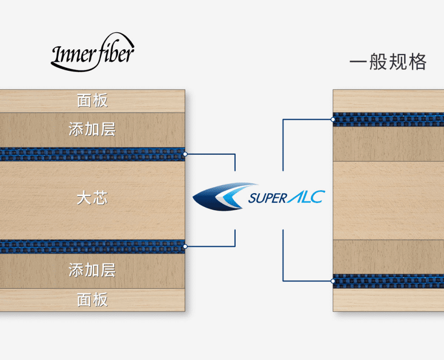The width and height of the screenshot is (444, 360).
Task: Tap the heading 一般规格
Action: coord(388,62)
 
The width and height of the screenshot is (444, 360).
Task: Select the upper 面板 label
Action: coord(92,101)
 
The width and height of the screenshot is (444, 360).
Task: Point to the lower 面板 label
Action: coord(92,300)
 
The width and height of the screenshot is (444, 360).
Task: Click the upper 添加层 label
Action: coord(92,129)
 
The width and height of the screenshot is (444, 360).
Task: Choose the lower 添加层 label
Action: coord(92,270)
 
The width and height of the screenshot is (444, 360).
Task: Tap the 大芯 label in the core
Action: coord(92,199)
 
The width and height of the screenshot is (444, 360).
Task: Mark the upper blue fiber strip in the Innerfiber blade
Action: coord(92,154)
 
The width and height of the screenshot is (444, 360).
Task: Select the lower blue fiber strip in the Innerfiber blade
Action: coord(92,246)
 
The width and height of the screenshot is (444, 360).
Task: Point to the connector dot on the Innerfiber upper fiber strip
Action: coord(185,154)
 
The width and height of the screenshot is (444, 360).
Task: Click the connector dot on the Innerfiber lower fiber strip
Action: coord(185,246)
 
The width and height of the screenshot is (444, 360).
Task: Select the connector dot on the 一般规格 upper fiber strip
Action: coord(333,120)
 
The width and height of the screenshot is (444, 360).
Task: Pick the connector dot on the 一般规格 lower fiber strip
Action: coord(333,281)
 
